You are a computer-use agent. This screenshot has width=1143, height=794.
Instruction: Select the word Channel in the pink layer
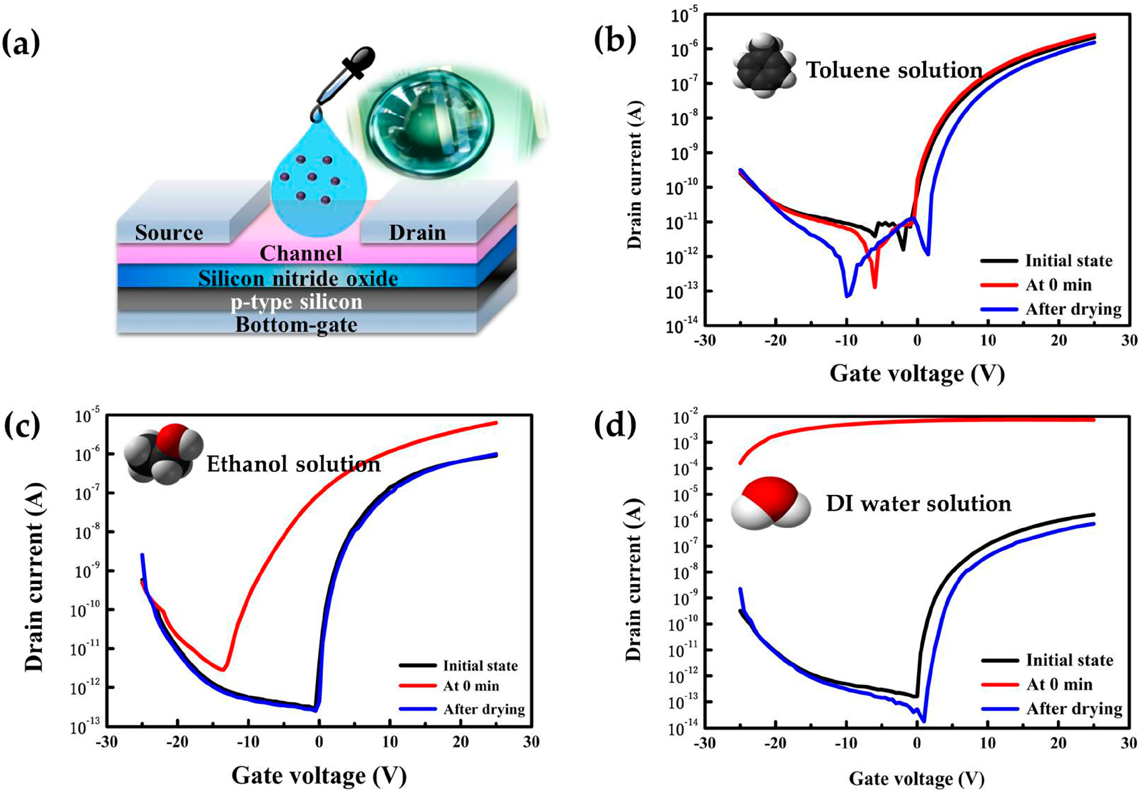click(x=301, y=253)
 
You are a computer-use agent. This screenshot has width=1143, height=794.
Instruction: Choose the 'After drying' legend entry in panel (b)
click(x=1073, y=309)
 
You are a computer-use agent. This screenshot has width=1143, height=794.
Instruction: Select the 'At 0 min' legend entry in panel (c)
click(x=470, y=686)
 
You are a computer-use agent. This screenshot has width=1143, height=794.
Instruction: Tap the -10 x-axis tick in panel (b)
click(x=846, y=341)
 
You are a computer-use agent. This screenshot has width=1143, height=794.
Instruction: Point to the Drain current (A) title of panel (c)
click(x=35, y=577)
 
